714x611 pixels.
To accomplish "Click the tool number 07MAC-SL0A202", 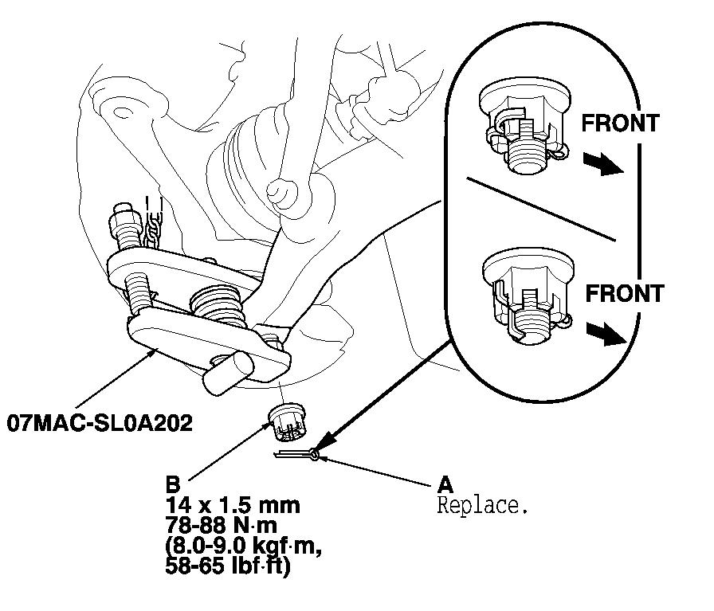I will point(100,422).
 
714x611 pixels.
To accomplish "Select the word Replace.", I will point(482,505).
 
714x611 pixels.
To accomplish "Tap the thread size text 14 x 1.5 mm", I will point(233,505).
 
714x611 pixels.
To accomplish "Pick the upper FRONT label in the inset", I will point(620,123).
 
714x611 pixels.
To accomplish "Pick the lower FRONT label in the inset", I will point(624,293).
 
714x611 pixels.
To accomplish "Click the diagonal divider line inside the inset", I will point(542,208).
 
